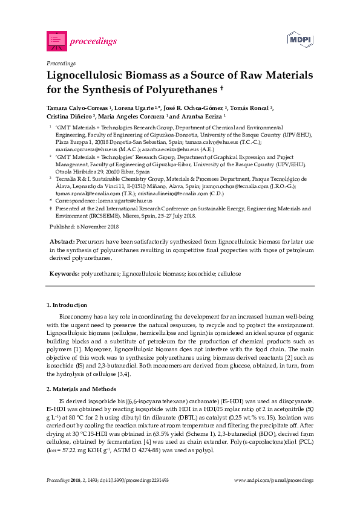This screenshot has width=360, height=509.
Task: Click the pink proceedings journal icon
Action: coord(56,41)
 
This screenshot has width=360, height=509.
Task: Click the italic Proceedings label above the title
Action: coord(61,63)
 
